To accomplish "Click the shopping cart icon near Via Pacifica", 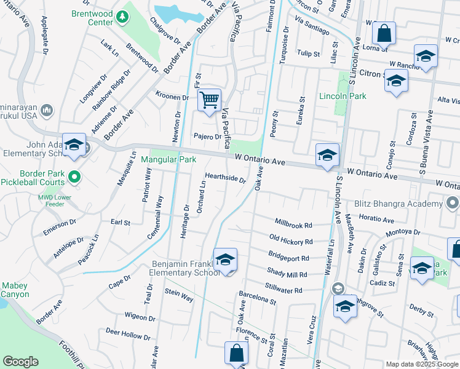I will click(210, 99).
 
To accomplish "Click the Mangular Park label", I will click(169, 159).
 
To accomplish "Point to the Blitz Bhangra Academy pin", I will click(453, 204).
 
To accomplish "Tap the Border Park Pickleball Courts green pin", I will click(75, 178).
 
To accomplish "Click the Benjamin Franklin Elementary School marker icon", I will click(226, 260).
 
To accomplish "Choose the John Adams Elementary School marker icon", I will click(74, 145).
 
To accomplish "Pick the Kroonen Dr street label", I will click(172, 97).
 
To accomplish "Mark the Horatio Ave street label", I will click(376, 219).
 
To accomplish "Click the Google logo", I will click(20, 362).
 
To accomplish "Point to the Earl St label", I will click(121, 222).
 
